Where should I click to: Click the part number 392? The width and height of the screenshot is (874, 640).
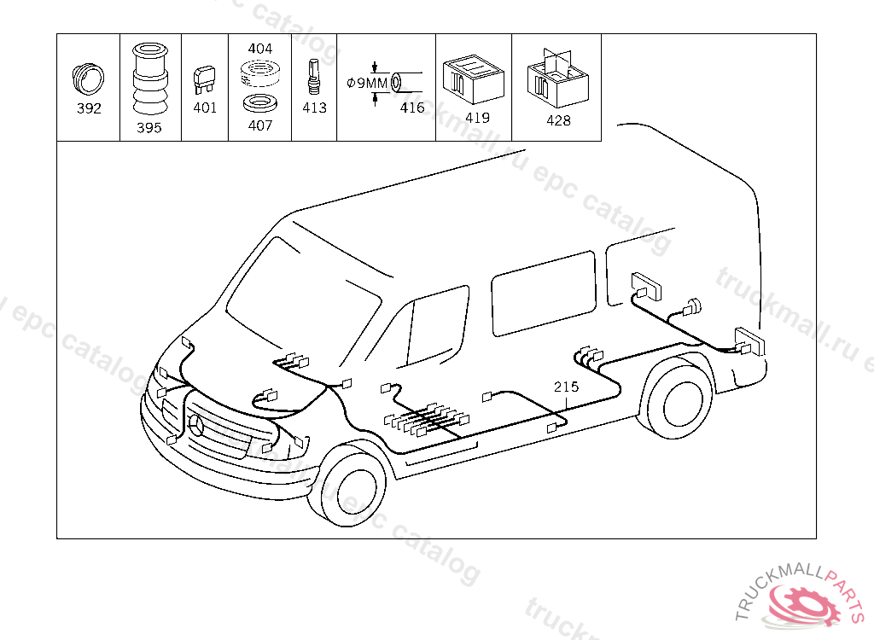pyautogui.click(x=89, y=108)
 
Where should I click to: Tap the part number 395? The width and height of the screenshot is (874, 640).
pyautogui.click(x=149, y=128)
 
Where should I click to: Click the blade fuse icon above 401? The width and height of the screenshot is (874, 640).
pyautogui.click(x=205, y=79)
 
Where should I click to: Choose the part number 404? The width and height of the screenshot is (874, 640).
pyautogui.click(x=259, y=49)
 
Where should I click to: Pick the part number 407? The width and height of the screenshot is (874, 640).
pyautogui.click(x=259, y=125)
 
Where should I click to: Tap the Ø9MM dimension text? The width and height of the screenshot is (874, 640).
pyautogui.click(x=367, y=83)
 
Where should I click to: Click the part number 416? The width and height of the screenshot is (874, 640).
pyautogui.click(x=412, y=108)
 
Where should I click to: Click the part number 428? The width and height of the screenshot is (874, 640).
pyautogui.click(x=558, y=120)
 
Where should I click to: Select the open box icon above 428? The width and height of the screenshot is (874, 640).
pyautogui.click(x=556, y=79)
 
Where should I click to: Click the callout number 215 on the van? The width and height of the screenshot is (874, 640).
pyautogui.click(x=566, y=387)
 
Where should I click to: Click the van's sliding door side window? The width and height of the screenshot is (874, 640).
pyautogui.click(x=543, y=292)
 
